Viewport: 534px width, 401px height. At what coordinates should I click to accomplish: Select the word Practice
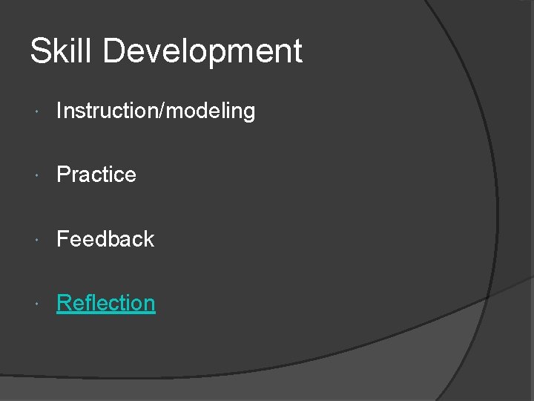pyautogui.click(x=96, y=175)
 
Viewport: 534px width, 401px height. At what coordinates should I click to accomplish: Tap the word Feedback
pyautogui.click(x=105, y=239)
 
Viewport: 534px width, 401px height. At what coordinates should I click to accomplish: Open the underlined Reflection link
pyautogui.click(x=106, y=303)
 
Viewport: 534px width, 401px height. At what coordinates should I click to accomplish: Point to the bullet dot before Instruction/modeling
pyautogui.click(x=37, y=112)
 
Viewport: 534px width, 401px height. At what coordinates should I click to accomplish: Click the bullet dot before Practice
pyautogui.click(x=37, y=176)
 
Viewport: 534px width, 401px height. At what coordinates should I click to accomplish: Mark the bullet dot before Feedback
pyautogui.click(x=37, y=240)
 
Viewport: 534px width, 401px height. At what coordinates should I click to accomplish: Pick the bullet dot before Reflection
pyautogui.click(x=37, y=304)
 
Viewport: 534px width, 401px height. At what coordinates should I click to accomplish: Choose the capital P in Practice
pyautogui.click(x=63, y=175)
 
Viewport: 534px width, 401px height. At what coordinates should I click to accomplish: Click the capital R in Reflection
pyautogui.click(x=64, y=303)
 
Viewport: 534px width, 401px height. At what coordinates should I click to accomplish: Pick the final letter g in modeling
pyautogui.click(x=248, y=114)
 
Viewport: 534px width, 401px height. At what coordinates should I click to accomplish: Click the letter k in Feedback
pyautogui.click(x=149, y=239)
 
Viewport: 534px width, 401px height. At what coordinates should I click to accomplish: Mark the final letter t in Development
pyautogui.click(x=297, y=52)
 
